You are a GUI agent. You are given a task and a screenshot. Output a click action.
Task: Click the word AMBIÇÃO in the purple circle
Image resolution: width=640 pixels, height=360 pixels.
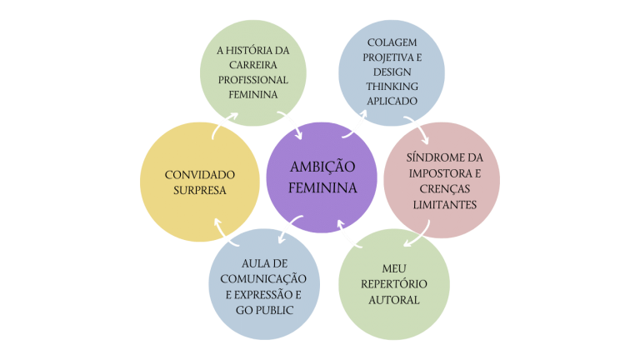click(322, 167)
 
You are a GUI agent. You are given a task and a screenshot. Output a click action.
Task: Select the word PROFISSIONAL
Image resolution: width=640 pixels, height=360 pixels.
click(253, 80)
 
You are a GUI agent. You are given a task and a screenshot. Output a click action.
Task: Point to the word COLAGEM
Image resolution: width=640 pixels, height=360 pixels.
click(391, 42)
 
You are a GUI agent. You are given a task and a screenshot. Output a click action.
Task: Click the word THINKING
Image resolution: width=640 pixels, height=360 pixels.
click(391, 87)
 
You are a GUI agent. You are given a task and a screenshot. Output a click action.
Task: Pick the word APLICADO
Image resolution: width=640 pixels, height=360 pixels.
click(391, 102)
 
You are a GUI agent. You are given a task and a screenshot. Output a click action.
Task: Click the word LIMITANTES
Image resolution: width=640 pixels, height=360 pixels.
click(442, 204)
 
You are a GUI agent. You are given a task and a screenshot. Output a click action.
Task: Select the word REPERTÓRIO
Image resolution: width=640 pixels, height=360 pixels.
click(393, 284)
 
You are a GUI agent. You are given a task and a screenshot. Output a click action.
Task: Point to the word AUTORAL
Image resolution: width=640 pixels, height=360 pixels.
click(393, 299)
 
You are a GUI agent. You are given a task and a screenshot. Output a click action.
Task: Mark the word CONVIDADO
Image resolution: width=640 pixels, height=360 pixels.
click(199, 174)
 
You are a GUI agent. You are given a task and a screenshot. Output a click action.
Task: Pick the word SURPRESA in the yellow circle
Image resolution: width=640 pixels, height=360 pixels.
click(199, 190)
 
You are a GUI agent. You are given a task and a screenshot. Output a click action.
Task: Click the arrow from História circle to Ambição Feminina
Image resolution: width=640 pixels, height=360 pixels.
click(292, 125)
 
